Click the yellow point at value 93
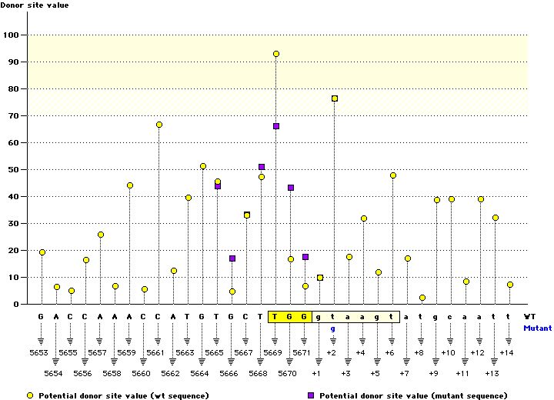point(276,54)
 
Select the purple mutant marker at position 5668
point(262,167)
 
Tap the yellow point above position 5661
point(159,125)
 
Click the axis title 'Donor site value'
point(34,5)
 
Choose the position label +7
point(405,373)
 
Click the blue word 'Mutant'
point(537,328)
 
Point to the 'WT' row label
point(530,316)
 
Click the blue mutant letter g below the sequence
point(334,328)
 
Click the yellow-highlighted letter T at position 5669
point(276,316)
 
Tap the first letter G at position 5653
point(42,316)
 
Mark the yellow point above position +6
point(393,175)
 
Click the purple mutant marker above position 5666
point(232,258)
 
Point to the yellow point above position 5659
point(130,185)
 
